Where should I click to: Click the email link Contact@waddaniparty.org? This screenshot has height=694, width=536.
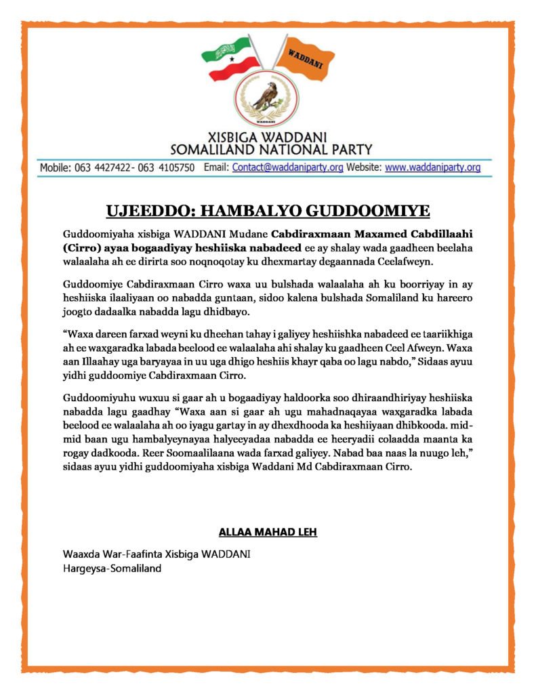pyautogui.click(x=287, y=167)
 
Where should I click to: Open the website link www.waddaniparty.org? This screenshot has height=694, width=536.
pyautogui.click(x=433, y=167)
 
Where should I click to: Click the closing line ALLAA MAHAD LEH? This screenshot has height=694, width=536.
pyautogui.click(x=268, y=532)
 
